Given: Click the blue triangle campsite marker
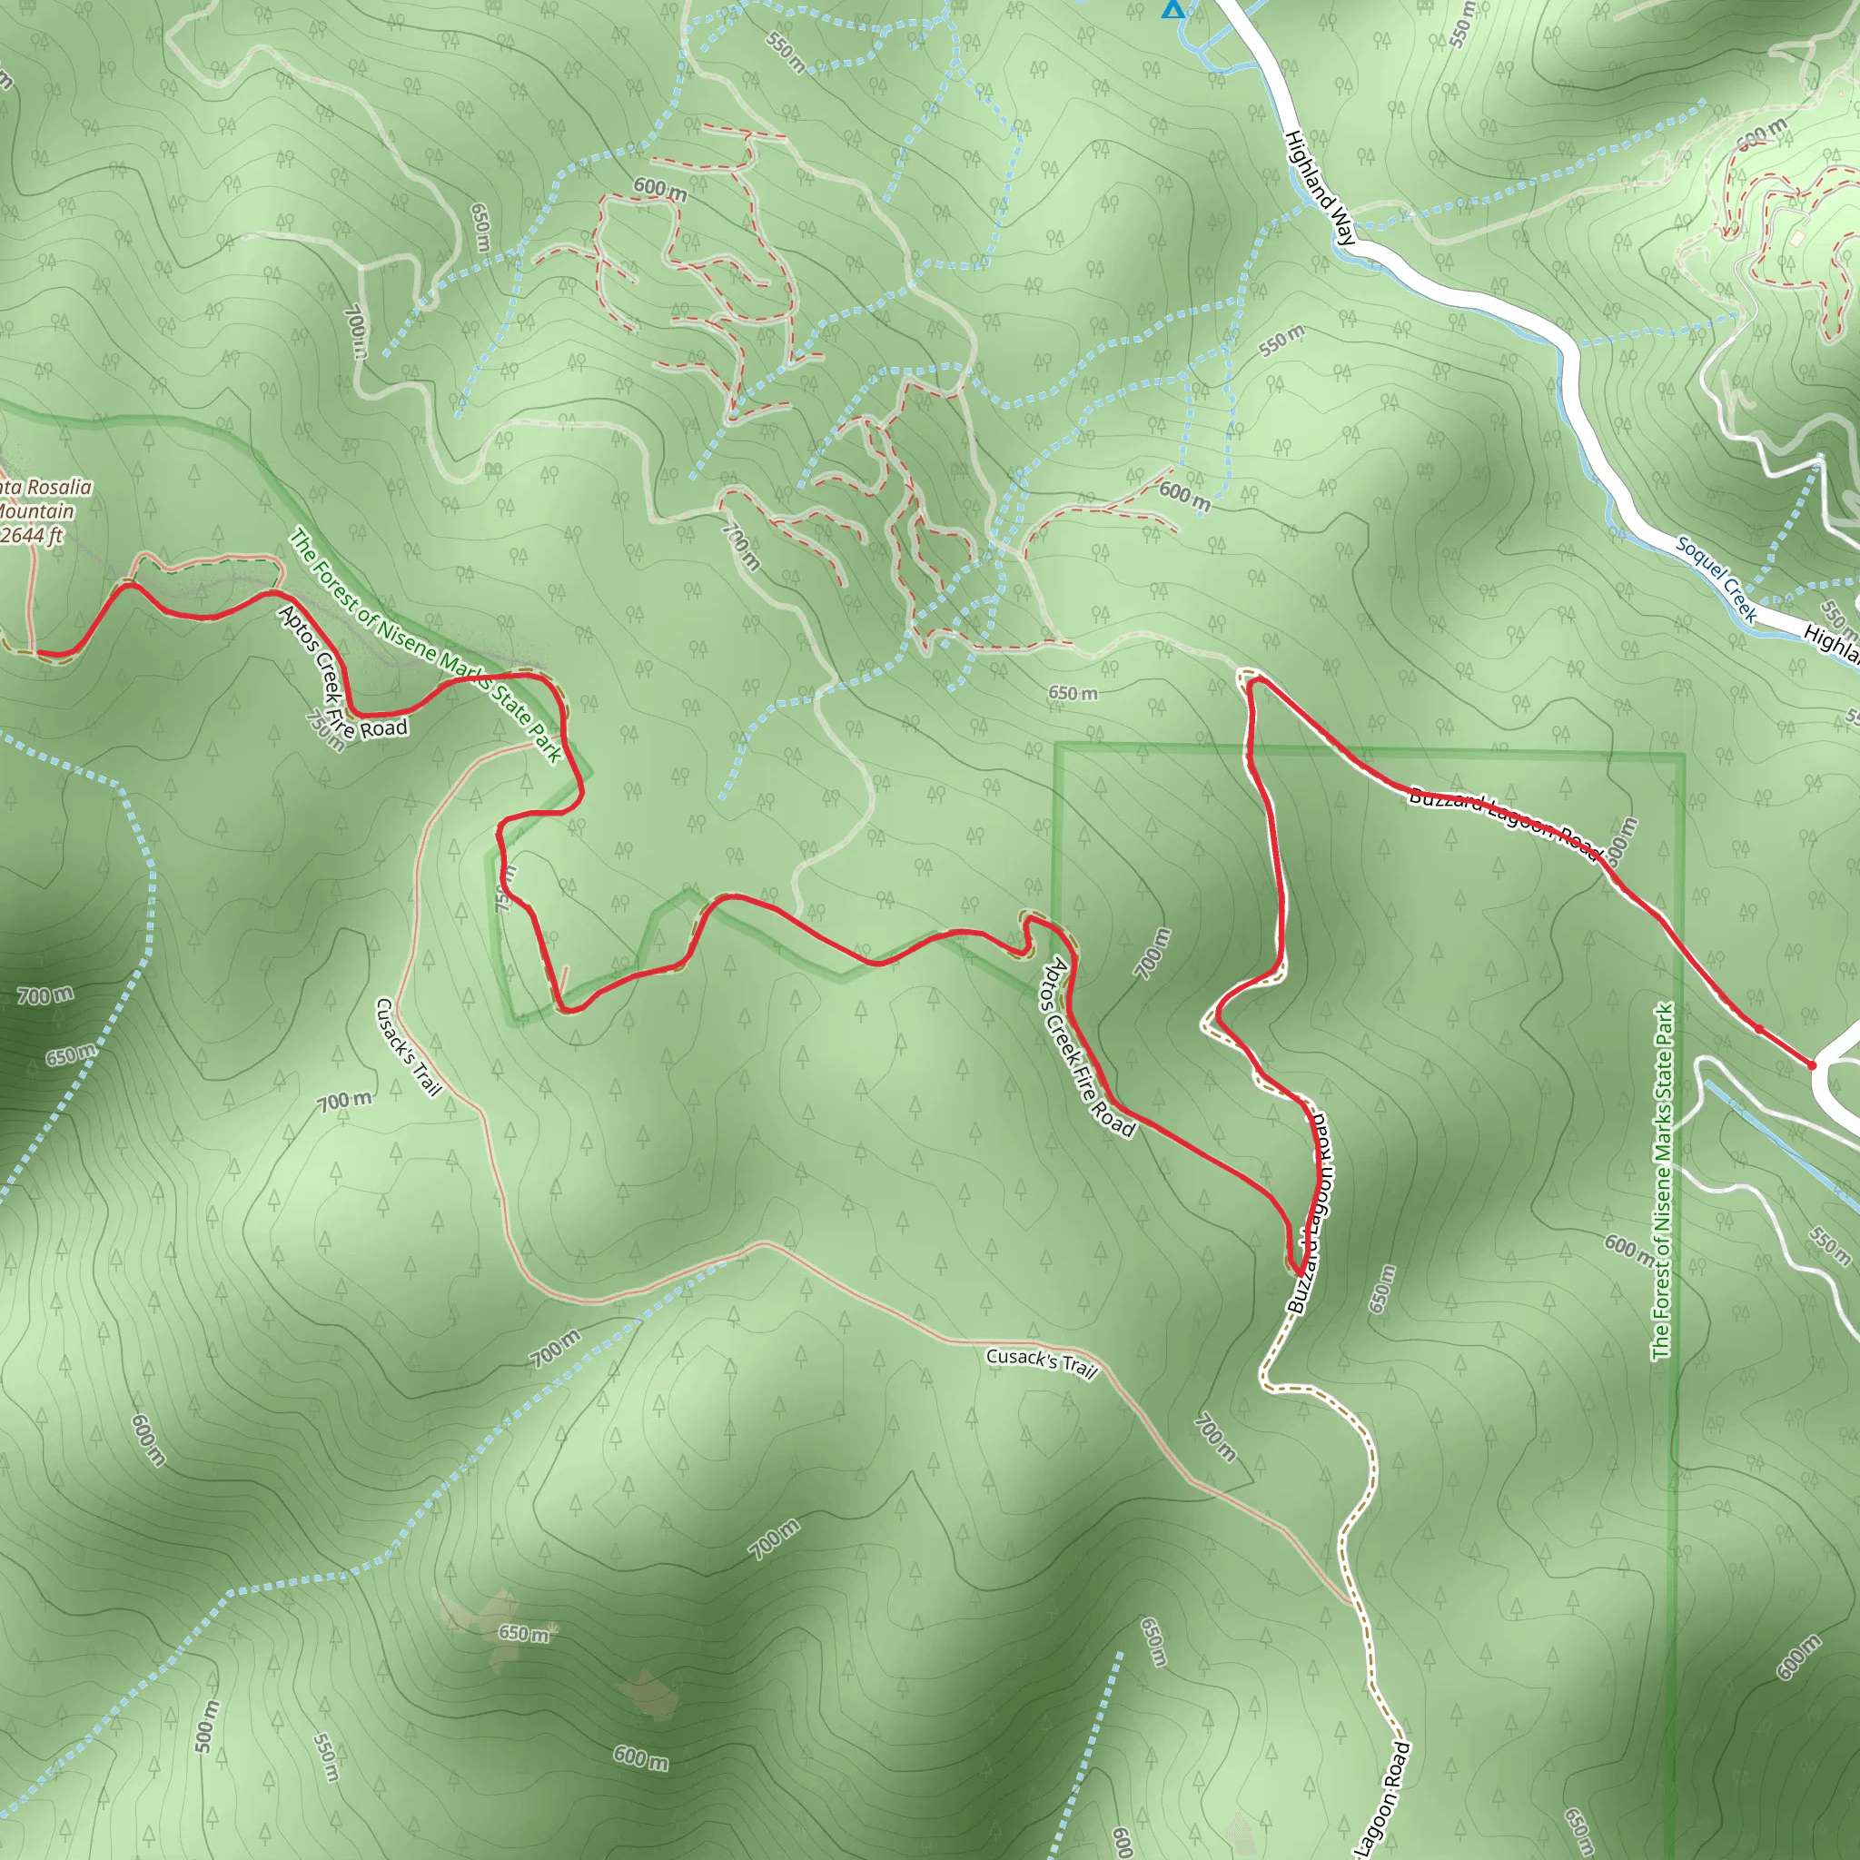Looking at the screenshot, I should (1172, 10).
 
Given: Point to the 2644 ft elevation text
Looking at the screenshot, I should (31, 535).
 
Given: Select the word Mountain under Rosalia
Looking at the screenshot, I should (36, 511).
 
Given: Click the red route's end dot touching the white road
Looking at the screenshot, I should (1812, 1065).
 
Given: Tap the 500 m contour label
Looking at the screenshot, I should (206, 1726).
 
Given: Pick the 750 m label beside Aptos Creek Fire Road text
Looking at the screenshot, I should (325, 731).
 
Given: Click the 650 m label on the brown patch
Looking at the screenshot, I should (523, 1633).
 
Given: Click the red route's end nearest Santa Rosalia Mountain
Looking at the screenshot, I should (36, 654).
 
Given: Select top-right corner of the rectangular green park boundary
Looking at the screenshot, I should (1683, 756).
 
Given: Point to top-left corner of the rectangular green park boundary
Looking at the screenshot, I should (1056, 745).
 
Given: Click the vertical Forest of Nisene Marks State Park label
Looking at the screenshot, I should (1663, 1182).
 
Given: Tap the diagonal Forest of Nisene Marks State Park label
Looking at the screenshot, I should (426, 646).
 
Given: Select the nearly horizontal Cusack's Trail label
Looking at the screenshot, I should (1042, 1362).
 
